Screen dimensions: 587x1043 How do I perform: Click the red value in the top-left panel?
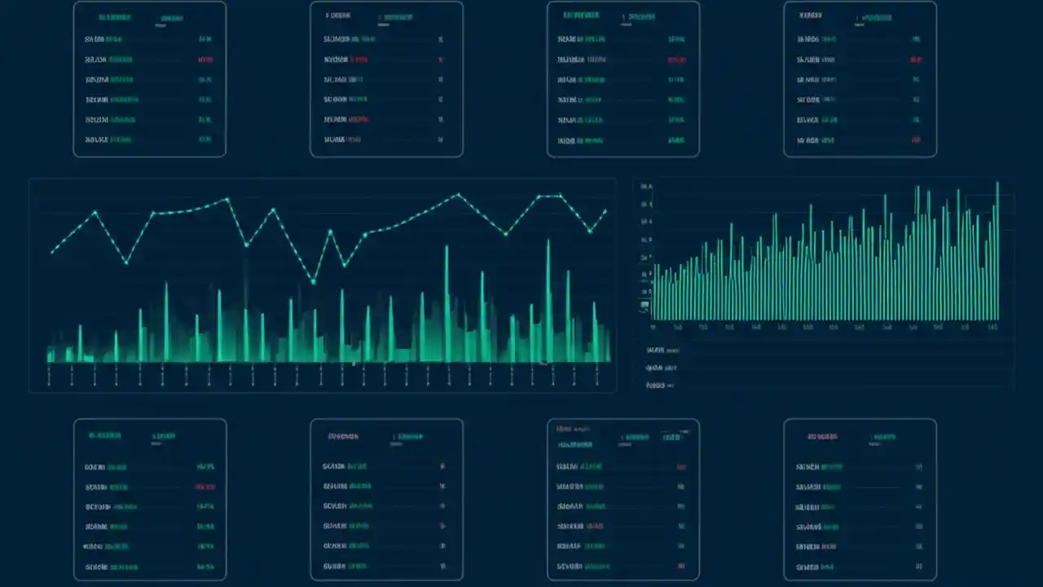pos(205,60)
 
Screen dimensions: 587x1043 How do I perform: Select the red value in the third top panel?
pos(676,60)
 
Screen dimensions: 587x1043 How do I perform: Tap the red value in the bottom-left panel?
pos(205,487)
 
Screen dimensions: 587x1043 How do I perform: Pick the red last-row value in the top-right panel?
pos(917,140)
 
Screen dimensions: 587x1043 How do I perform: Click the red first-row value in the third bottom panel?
pos(680,467)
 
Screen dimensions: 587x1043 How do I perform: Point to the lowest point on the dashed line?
pos(314,282)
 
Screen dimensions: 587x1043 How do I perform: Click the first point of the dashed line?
pos(52,252)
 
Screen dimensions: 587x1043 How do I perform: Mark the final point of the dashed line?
pos(605,210)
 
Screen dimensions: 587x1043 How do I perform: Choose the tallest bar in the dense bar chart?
pos(997,184)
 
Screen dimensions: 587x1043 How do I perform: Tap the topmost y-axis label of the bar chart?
pos(646,187)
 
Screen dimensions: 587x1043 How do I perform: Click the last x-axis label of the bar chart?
pos(992,327)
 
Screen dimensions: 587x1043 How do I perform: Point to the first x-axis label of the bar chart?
pos(654,327)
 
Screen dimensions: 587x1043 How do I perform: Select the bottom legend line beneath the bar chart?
pos(660,385)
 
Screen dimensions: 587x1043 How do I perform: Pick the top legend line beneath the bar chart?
pos(661,350)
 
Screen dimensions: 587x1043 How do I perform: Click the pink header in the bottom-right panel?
pos(822,437)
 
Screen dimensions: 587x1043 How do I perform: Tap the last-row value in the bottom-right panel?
pos(918,566)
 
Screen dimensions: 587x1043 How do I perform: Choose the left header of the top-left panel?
pos(114,17)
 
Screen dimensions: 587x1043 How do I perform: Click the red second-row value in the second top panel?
pos(441,60)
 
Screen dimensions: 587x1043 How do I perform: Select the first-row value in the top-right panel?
pos(917,39)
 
